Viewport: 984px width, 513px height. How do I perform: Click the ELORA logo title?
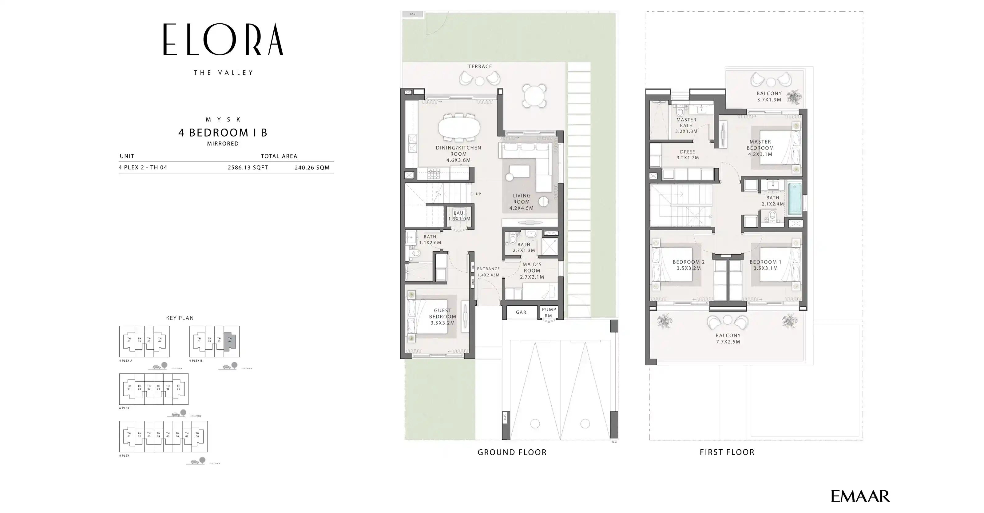click(223, 40)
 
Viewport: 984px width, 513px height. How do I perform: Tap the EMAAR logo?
click(860, 496)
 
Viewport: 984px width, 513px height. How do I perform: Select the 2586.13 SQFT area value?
click(248, 167)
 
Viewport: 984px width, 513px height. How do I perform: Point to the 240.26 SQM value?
click(312, 167)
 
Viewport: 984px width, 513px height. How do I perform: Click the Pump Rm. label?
click(549, 312)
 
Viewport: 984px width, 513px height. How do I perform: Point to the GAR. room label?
click(522, 312)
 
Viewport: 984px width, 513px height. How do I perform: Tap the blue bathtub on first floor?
click(795, 199)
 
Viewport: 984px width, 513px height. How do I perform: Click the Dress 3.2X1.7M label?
click(688, 154)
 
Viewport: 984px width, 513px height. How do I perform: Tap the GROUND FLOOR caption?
click(512, 452)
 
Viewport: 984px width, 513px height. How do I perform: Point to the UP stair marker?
click(478, 194)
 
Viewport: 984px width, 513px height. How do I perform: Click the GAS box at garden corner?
click(413, 14)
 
